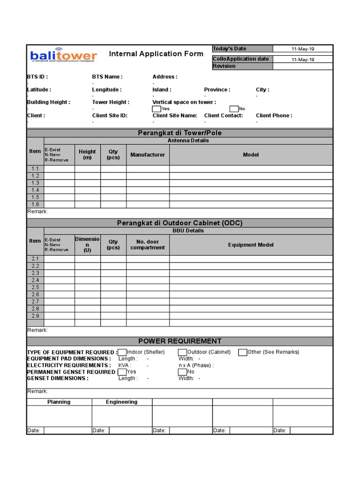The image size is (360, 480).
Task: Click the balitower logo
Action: (x=63, y=55)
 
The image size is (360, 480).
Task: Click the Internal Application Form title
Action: (x=156, y=54)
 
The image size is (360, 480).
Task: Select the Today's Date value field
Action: (x=303, y=49)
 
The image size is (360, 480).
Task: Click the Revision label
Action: (x=224, y=66)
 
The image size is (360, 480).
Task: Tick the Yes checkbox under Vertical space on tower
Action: (x=156, y=109)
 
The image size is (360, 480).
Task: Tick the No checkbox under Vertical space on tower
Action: (x=233, y=109)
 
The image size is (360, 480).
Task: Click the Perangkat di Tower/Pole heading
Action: (x=180, y=133)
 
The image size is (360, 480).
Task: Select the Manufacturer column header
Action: (x=148, y=155)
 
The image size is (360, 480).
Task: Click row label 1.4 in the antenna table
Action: (x=35, y=190)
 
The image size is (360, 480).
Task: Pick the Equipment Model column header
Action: (x=251, y=245)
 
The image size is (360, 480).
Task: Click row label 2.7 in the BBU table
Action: (x=35, y=302)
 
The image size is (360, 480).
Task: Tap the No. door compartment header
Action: (x=148, y=245)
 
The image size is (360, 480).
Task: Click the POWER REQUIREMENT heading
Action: (x=180, y=341)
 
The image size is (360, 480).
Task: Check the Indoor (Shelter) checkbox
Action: (x=122, y=352)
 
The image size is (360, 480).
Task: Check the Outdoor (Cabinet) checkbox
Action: (x=182, y=352)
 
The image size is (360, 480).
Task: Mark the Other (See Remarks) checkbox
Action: (x=242, y=352)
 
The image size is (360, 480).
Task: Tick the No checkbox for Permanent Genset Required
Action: (x=182, y=372)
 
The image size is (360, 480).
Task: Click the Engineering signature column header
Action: (x=121, y=402)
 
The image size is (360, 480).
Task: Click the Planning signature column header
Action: (x=59, y=402)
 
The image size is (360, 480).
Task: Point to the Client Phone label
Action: (x=274, y=115)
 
